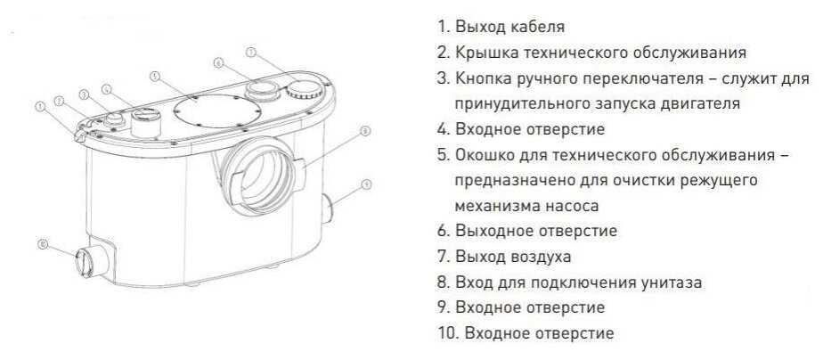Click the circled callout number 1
pyautogui.click(x=39, y=107)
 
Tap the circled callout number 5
pyautogui.click(x=154, y=77)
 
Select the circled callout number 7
pyautogui.click(x=251, y=53)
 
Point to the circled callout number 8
pyautogui.click(x=366, y=131)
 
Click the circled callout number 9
pyautogui.click(x=367, y=184)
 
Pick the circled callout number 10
pyautogui.click(x=44, y=244)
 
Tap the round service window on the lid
pyautogui.click(x=216, y=111)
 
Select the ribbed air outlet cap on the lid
pyautogui.click(x=302, y=90)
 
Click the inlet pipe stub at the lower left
pyautogui.click(x=93, y=258)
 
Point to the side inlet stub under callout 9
pyautogui.click(x=328, y=209)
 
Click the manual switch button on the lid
pyautogui.click(x=114, y=120)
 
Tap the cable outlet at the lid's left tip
pyautogui.click(x=80, y=136)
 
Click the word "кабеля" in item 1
pyautogui.click(x=537, y=28)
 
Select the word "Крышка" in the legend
pyautogui.click(x=484, y=53)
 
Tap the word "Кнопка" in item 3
pyautogui.click(x=485, y=78)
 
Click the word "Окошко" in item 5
pyautogui.click(x=485, y=155)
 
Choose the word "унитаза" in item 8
pyautogui.click(x=672, y=282)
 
